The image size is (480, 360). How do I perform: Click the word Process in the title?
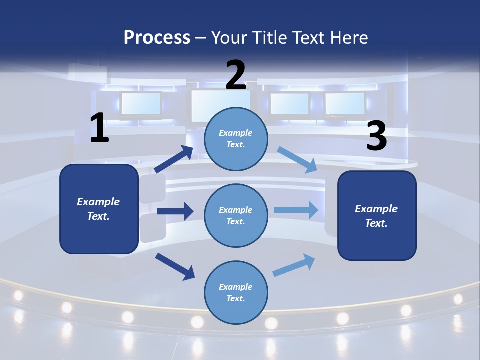[x=157, y=37]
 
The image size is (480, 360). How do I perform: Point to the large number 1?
[x=99, y=128]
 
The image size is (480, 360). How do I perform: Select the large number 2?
[x=236, y=75]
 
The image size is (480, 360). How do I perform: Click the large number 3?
[x=376, y=136]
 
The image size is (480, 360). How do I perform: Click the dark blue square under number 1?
[x=99, y=209]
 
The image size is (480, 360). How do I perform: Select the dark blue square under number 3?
[x=377, y=216]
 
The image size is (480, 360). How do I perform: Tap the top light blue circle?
[x=236, y=139]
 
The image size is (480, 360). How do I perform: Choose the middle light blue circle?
[x=236, y=215]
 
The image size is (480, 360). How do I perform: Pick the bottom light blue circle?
[x=236, y=292]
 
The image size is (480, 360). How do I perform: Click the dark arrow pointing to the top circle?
[x=174, y=159]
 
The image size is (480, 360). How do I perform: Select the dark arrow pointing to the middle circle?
[x=175, y=211]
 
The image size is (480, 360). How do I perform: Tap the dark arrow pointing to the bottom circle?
[x=175, y=266]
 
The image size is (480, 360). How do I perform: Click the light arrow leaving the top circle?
[x=297, y=160]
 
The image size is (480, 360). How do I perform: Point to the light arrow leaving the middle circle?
[x=296, y=210]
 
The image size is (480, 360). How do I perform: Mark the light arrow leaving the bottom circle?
[x=294, y=265]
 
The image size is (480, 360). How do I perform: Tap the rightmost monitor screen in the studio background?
[x=345, y=103]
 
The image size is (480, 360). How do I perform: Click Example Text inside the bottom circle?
[x=236, y=292]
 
